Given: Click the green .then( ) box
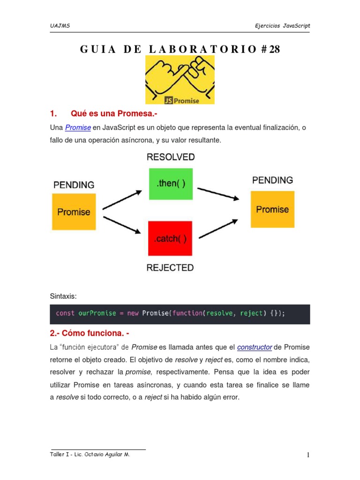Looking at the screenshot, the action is (171, 184).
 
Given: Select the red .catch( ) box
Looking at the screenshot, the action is (170, 239).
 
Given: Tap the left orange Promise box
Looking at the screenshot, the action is (74, 212).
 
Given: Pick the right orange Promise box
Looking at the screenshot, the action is (272, 210).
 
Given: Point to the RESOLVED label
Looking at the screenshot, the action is (171, 157).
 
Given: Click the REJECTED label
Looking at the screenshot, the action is (170, 268).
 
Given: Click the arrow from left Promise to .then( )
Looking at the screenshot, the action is (122, 200).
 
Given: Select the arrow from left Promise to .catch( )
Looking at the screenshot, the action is (122, 224).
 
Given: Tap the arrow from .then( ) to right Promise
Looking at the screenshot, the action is (218, 194).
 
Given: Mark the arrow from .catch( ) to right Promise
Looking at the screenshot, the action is (218, 229).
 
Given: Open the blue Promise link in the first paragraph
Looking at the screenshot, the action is (78, 127).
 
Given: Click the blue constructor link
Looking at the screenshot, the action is (255, 347).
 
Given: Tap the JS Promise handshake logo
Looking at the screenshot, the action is (180, 80).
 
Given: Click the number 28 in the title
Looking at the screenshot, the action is (274, 49).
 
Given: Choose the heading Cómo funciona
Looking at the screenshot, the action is (89, 333).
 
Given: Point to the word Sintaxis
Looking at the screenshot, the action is (62, 296).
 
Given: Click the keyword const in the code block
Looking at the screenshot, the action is (65, 313).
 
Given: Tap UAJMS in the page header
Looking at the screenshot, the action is (60, 26).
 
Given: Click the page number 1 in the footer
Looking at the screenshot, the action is (308, 455).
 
